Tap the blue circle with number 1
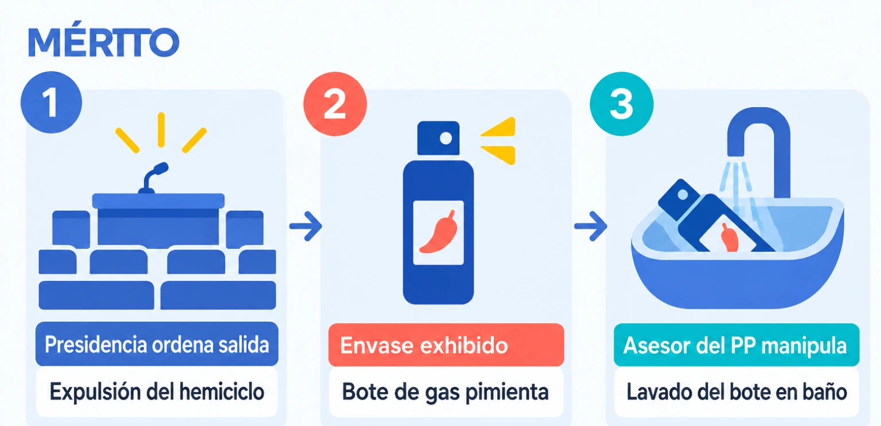point(51,102)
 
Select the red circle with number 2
point(335,104)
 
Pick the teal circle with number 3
point(621,104)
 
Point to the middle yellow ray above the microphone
point(161,130)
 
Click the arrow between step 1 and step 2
point(306,226)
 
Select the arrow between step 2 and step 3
point(590,226)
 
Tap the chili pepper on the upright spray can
point(439,232)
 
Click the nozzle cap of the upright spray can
point(438,138)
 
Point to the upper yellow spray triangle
point(498,127)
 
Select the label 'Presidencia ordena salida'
point(157,344)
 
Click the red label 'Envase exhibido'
point(446,345)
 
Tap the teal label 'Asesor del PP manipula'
point(736,345)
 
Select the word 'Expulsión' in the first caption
point(95,392)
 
